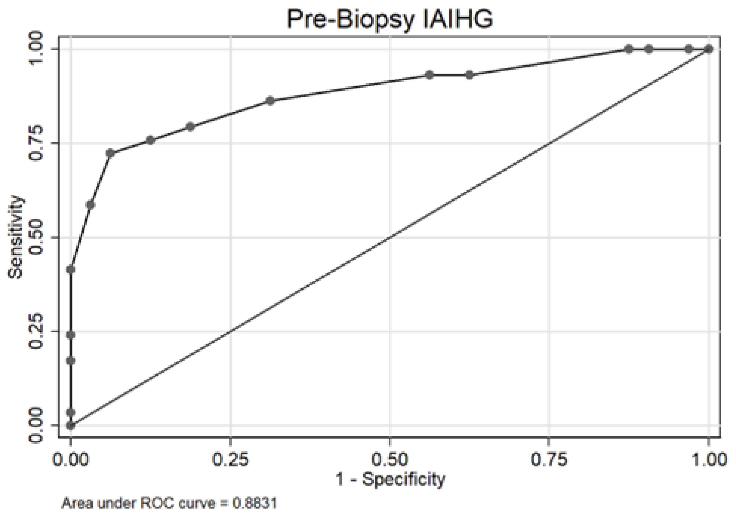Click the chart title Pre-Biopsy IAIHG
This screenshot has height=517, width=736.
click(389, 19)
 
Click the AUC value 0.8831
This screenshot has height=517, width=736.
click(255, 503)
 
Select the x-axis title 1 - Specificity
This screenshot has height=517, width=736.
click(390, 479)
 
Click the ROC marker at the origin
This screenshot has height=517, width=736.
click(71, 425)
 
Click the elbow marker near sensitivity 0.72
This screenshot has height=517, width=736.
click(111, 153)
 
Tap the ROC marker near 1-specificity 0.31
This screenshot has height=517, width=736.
click(270, 101)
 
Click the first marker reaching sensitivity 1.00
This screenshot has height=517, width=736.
click(629, 49)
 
